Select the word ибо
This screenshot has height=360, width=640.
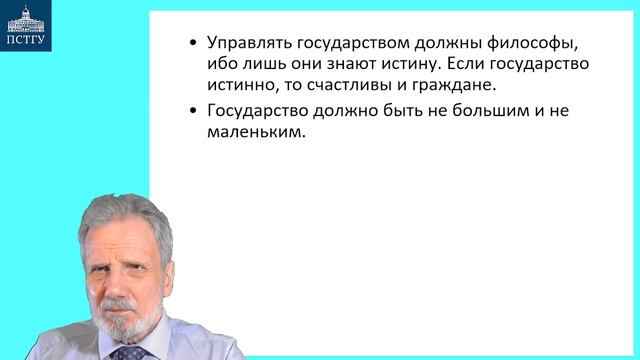(223, 64)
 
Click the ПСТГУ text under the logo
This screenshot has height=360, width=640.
(29, 42)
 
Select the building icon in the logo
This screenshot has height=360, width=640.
(29, 19)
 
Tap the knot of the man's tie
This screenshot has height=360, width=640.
(127, 353)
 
